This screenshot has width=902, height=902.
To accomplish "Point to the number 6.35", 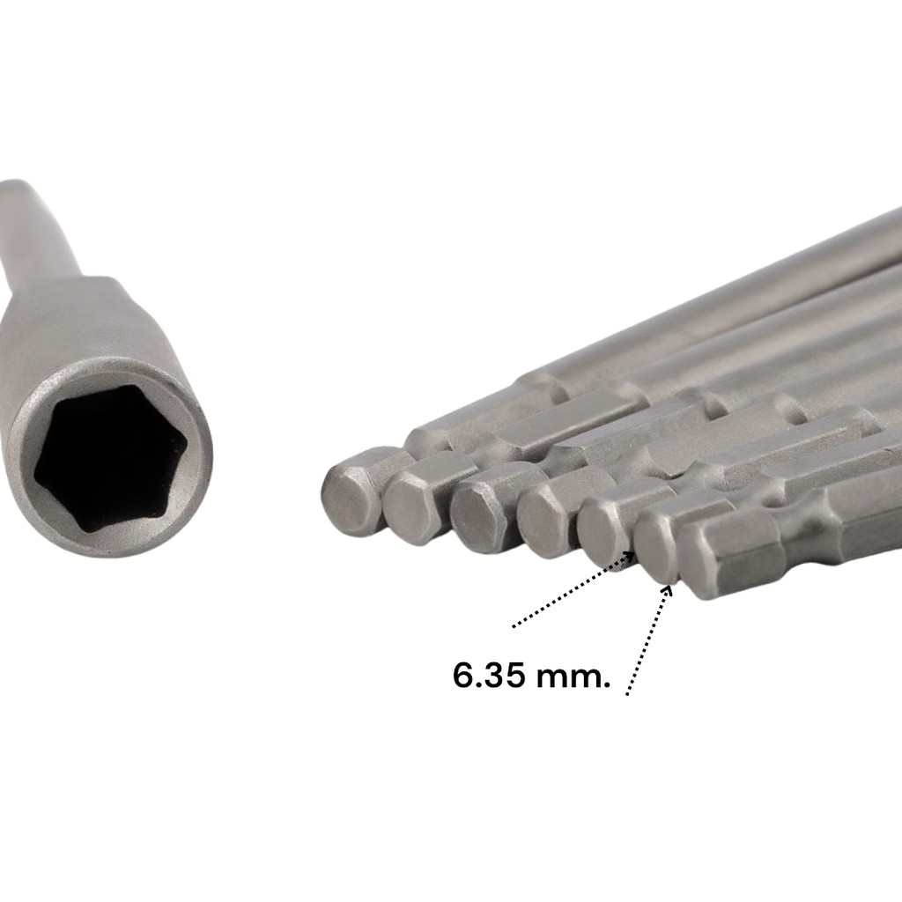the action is coord(489,675).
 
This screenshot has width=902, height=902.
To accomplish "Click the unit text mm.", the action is coord(573,677).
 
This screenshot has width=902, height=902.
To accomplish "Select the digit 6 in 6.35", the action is coord(462,675).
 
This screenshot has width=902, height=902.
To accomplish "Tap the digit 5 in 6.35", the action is coord(514,675).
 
